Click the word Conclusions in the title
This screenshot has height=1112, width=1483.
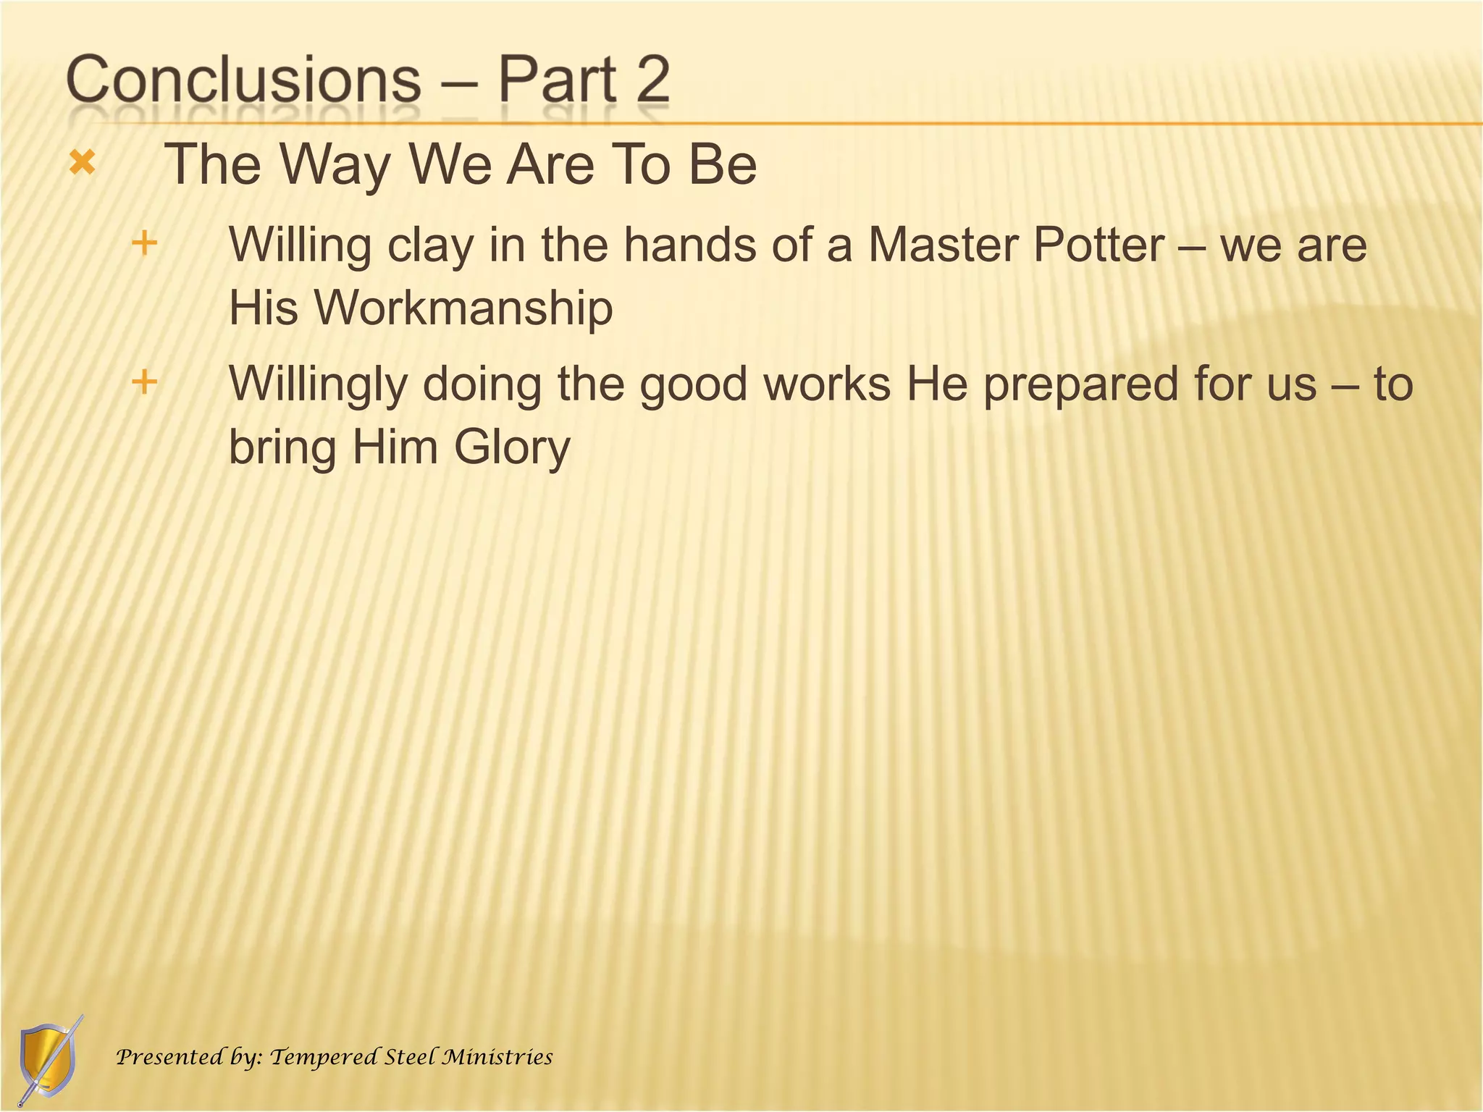(243, 80)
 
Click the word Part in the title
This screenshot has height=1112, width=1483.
(557, 80)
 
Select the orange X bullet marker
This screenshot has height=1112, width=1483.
(83, 163)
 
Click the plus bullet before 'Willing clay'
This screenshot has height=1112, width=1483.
(145, 243)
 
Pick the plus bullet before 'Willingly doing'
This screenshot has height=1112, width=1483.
(145, 382)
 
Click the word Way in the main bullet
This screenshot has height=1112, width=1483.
(335, 165)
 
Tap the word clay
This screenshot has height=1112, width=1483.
(430, 246)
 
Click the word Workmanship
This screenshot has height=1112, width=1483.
(463, 308)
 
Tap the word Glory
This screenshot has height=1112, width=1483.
(512, 448)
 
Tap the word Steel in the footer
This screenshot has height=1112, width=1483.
(410, 1057)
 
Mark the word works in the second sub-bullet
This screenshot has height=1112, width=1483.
(827, 384)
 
